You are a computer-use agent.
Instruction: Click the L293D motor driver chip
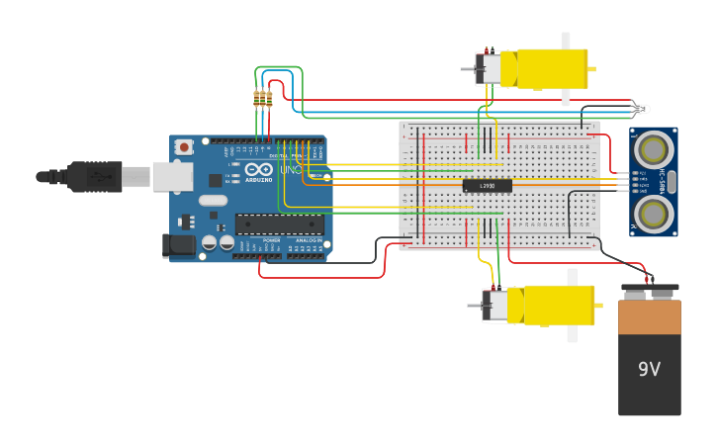coord(487,185)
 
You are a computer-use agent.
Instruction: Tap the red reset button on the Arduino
coord(183,146)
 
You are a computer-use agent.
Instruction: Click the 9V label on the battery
coord(648,370)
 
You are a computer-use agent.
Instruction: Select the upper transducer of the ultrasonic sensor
coord(653,149)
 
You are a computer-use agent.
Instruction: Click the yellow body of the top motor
coord(544,69)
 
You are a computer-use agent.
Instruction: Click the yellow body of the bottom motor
coord(558,305)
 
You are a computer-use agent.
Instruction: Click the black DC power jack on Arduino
coord(178,244)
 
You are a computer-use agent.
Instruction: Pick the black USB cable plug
coord(95,176)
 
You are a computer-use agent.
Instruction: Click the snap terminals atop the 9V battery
coord(650,292)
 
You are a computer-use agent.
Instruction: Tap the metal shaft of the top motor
coord(467,69)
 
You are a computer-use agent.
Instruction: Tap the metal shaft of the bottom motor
coord(473,306)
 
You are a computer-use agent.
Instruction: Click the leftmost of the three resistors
coord(257,98)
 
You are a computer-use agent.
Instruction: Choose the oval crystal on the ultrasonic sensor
coord(671,181)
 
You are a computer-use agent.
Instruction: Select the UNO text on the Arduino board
coord(291,170)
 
